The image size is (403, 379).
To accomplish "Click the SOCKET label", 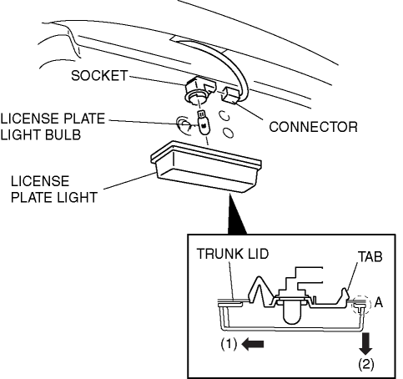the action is point(99,75).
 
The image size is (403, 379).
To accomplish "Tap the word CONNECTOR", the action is point(313,127).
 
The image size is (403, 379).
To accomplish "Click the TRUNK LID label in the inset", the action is point(233,254).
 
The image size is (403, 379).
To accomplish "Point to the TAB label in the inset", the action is point(370,256).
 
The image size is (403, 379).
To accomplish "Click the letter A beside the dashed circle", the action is point(379,302).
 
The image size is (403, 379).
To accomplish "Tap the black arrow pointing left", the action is point(253,345).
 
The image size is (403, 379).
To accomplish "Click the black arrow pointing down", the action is point(365,344).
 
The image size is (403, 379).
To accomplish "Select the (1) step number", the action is point(229,345).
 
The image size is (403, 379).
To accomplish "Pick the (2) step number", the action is point(366,364).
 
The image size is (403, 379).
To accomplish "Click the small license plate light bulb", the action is point(204,123).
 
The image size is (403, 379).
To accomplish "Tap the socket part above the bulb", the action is point(199,90).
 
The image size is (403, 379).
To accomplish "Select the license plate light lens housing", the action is point(206,166).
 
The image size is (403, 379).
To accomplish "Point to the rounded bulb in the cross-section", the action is point(293,313).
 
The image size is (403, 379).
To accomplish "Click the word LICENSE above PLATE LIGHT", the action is point(40,181).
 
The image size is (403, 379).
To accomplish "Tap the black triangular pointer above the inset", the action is point(236,215).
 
